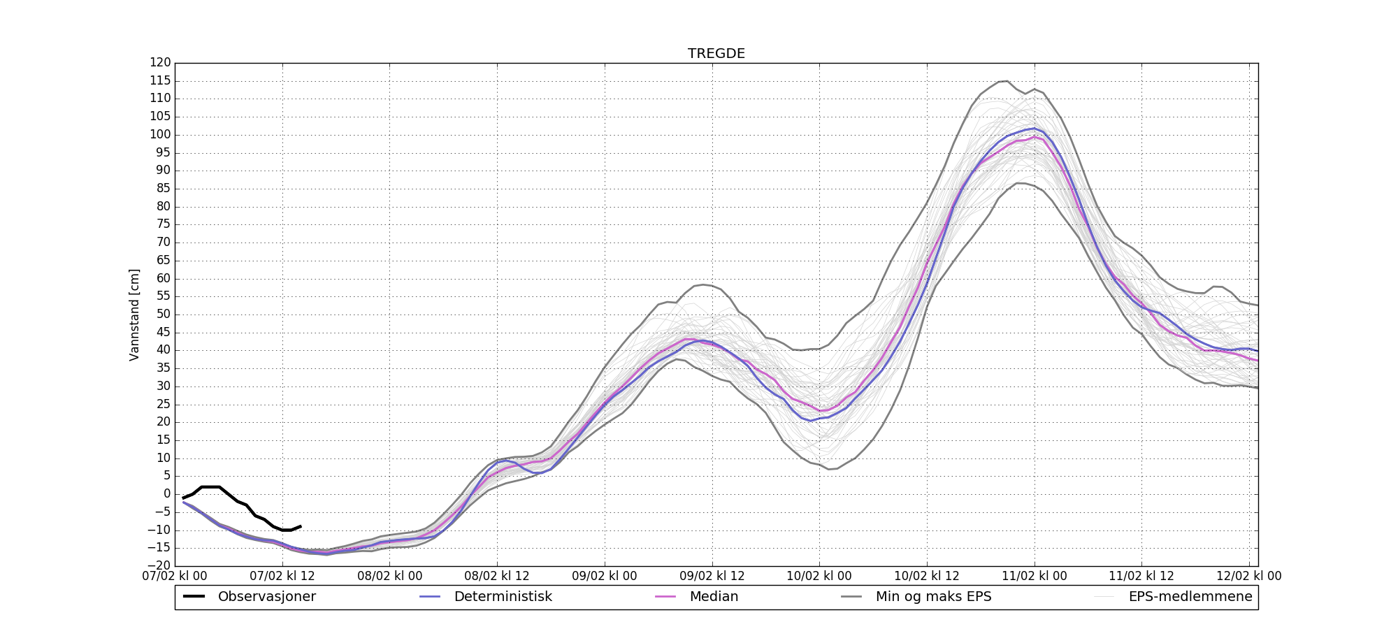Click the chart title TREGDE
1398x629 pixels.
point(716,54)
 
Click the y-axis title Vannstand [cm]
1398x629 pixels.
point(134,314)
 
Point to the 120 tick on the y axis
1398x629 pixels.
point(160,63)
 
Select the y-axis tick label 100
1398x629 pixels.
point(160,135)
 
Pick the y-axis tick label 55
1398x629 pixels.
point(163,296)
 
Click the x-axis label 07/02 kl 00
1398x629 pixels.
point(175,577)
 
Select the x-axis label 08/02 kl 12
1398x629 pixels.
point(497,577)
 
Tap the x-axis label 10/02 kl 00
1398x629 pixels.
point(819,577)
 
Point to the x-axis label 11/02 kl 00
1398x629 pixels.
point(1035,577)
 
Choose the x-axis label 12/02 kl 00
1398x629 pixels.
point(1249,577)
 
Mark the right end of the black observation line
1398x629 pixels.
point(301,526)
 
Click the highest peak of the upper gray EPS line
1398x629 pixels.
point(1005,81)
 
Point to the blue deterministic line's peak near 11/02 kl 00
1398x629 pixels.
point(1035,128)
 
